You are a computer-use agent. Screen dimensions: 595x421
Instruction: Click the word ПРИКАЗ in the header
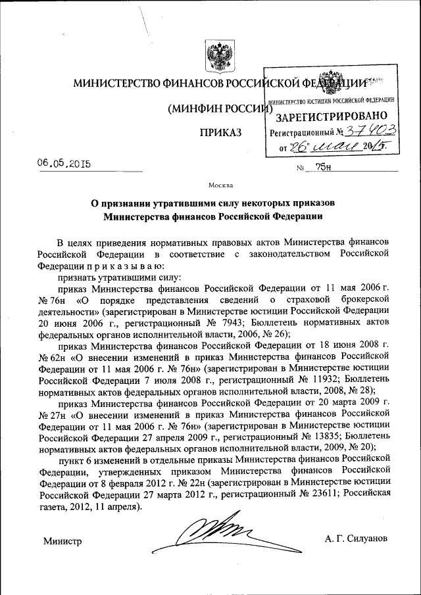(220, 133)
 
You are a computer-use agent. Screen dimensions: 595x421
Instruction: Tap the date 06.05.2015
(64, 164)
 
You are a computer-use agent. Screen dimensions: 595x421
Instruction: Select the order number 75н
(323, 168)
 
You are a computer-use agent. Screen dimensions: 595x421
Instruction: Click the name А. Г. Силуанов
(356, 538)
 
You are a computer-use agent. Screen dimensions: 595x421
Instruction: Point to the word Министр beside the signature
(62, 541)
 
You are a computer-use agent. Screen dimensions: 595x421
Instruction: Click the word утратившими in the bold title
(184, 203)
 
